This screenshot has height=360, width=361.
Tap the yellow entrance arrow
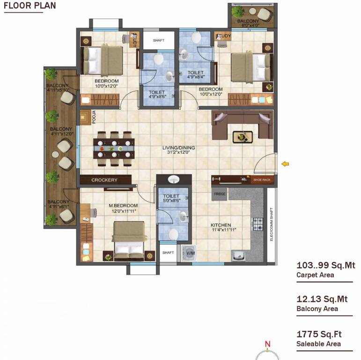point(285,164)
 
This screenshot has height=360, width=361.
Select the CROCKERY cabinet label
point(104,180)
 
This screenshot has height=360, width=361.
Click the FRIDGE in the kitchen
point(220,194)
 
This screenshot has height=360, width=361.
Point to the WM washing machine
point(190,253)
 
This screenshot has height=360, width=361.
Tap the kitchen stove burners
point(258,224)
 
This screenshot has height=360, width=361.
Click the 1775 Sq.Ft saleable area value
point(319,334)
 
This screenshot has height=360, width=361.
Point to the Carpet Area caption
point(315,275)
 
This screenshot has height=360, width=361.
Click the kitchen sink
point(239,255)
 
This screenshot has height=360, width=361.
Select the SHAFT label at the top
point(159,41)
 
